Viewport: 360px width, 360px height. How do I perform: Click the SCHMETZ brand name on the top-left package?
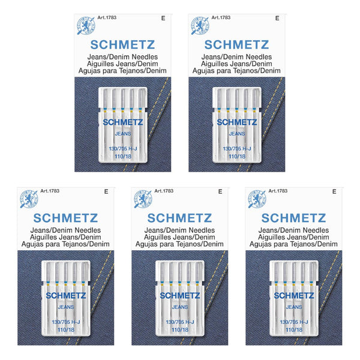pos(122,44)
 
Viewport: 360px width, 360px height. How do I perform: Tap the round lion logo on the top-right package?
pos(200,25)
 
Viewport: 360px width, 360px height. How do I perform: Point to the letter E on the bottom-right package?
pos(334,191)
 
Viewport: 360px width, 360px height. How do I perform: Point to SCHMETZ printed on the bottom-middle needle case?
pos(179,295)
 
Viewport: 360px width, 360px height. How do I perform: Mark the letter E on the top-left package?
pos(163,19)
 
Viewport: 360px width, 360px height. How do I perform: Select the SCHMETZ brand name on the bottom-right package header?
pos(293,217)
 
